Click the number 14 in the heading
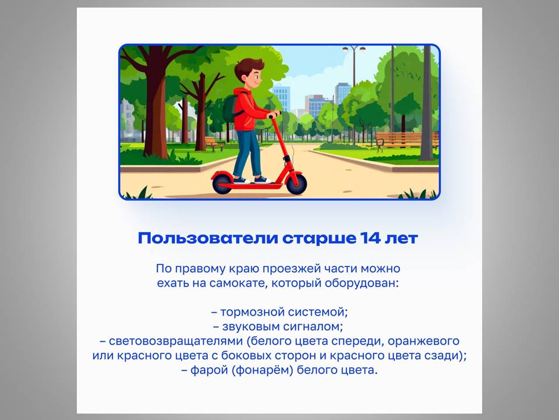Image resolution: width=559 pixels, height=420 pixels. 370,238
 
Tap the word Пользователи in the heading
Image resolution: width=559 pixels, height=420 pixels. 208,238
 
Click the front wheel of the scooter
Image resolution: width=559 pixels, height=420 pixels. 296,184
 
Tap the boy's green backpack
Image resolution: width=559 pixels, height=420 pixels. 231,108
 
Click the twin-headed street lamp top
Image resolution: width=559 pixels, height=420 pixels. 353,49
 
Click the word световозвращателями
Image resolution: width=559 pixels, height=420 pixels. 175,341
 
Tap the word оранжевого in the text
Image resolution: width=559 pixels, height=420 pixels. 423,341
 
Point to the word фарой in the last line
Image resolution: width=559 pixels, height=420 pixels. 209,370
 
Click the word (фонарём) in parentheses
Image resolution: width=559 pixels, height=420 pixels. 263,370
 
